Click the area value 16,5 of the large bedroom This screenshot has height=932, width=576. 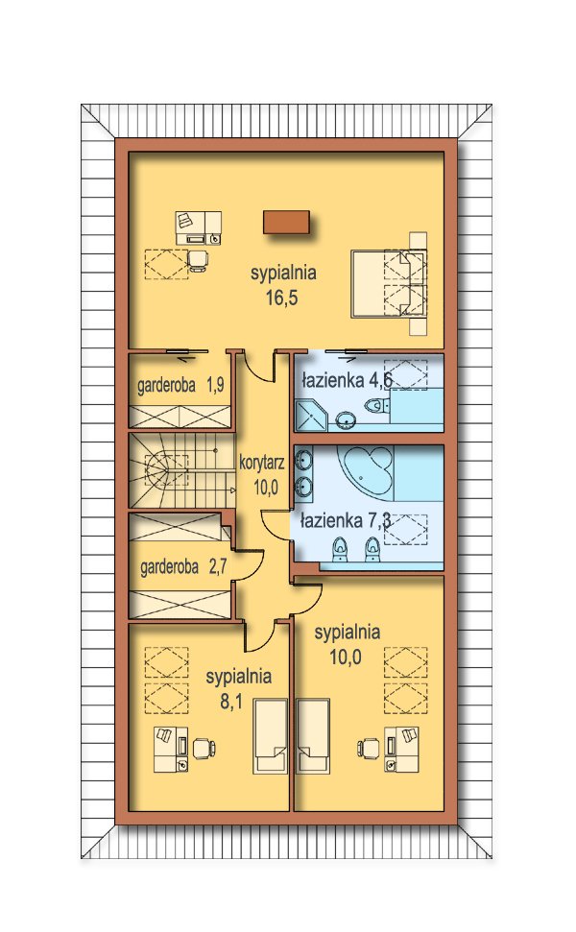coord(281,298)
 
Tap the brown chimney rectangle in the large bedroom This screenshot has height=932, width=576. coord(286,223)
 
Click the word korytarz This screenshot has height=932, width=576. coord(261,463)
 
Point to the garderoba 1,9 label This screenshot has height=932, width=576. coord(180,385)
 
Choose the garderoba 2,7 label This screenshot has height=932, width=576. coord(183,567)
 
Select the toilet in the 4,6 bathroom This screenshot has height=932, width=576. coord(376,406)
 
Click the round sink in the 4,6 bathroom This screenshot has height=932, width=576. coord(346,419)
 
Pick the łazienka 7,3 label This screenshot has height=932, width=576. coord(346,521)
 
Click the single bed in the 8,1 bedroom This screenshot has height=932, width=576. coord(271,736)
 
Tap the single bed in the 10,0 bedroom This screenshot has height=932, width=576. coord(313,736)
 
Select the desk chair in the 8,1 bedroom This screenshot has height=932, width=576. coord(204,748)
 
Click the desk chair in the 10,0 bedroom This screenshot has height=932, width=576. coord(369,748)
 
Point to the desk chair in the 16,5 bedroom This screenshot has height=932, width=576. coord(198,260)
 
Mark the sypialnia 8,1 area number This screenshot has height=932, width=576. coord(231,702)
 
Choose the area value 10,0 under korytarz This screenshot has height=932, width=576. coord(266,488)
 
